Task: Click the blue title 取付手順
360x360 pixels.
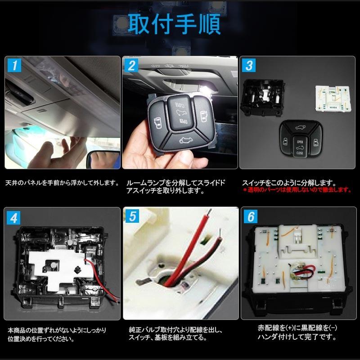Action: (x=174, y=24)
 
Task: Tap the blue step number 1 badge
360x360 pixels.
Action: (x=14, y=65)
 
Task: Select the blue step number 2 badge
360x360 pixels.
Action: (x=131, y=66)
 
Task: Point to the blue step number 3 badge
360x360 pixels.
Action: (x=249, y=65)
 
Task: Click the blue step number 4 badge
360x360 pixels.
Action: (x=13, y=218)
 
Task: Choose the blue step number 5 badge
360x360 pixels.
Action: (x=132, y=216)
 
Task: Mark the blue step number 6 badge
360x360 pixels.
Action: (x=251, y=216)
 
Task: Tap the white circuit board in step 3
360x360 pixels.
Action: (x=333, y=99)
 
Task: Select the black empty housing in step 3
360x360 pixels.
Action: (x=262, y=97)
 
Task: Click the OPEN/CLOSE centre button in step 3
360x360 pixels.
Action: (x=300, y=147)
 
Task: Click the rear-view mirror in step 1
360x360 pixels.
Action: (x=103, y=160)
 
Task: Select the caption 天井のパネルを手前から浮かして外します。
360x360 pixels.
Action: (x=63, y=183)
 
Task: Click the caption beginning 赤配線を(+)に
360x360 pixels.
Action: (x=297, y=332)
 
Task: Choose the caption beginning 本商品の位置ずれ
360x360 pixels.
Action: (x=57, y=334)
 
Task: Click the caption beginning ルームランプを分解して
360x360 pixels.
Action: (x=175, y=187)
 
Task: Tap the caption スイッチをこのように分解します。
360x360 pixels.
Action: (x=289, y=183)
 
